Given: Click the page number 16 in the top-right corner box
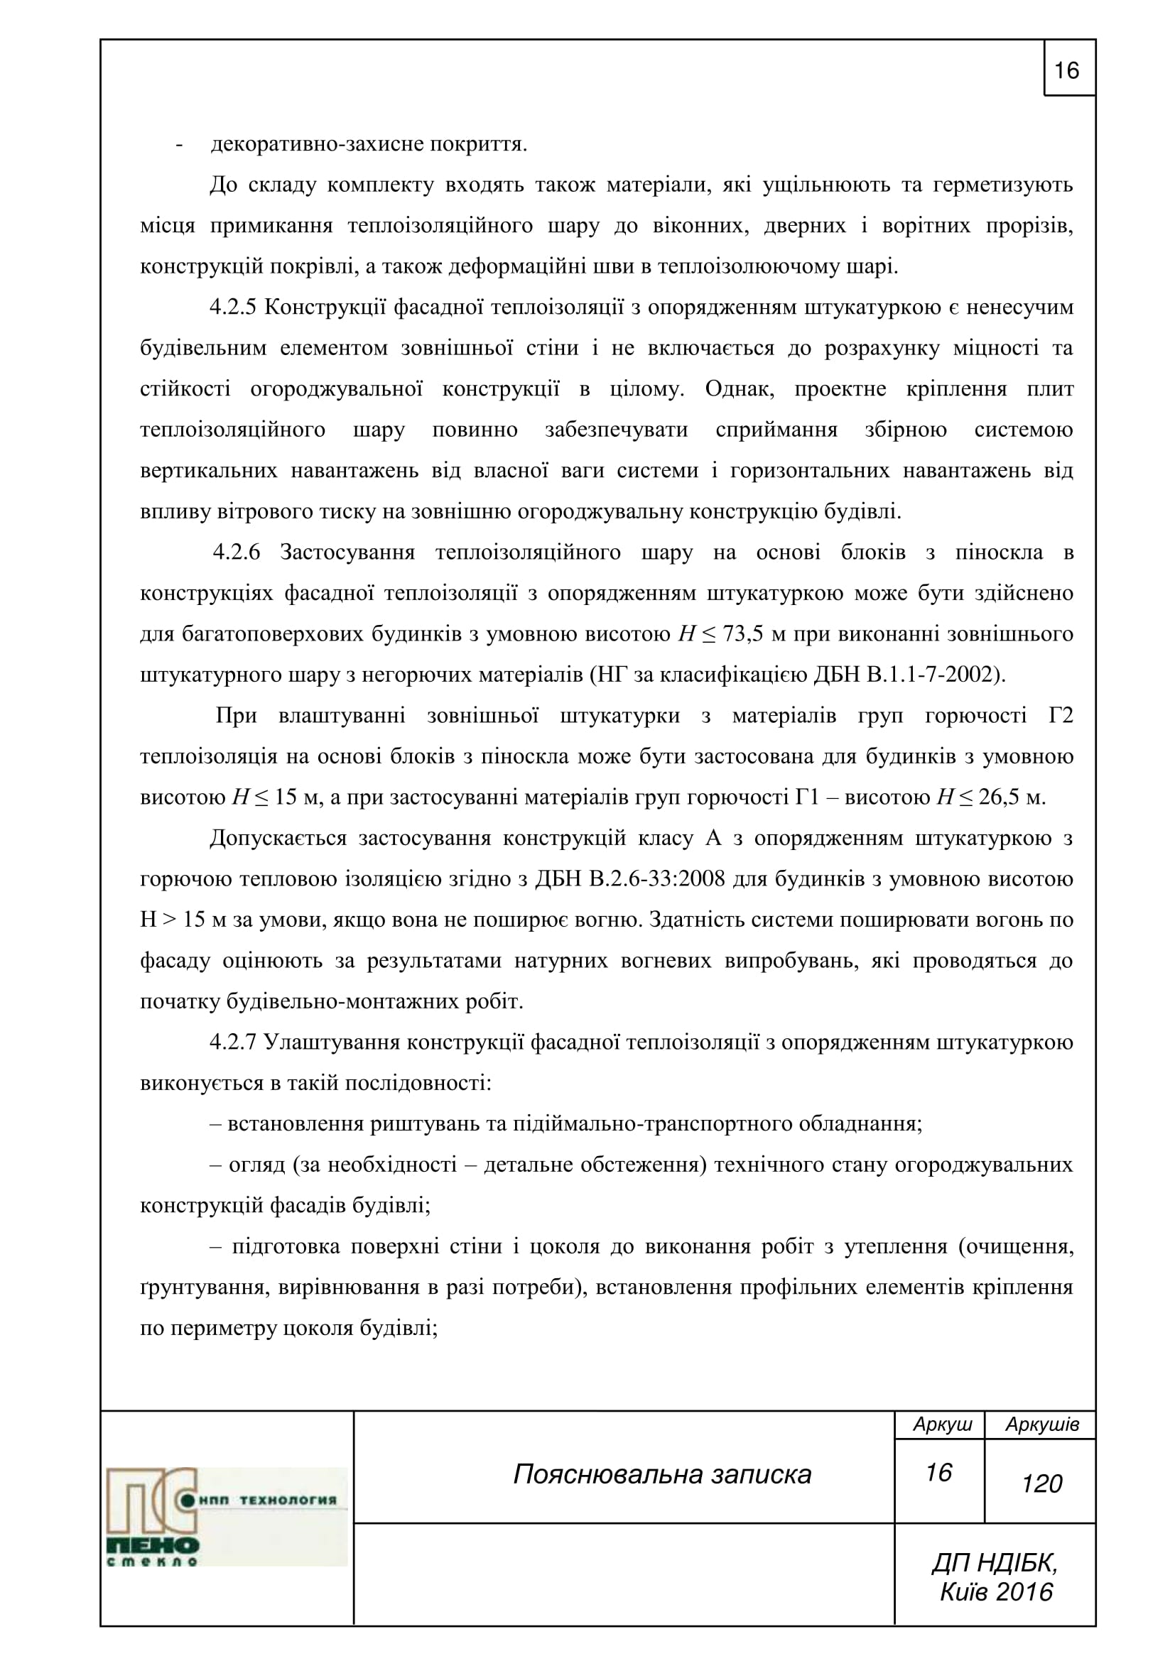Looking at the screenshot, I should coord(1067,71).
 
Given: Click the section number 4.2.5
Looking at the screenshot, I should coord(233,307).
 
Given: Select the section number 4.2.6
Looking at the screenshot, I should coord(236,552).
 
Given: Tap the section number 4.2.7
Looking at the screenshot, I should coord(233,1042).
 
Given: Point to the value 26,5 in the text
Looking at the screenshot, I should coord(1002,798).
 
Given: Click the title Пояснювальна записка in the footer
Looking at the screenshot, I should coord(662,1474).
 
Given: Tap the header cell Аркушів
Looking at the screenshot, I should coord(1041,1425).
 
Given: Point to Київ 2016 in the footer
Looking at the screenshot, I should coord(995,1591).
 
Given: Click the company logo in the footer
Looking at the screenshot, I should coord(226,1516).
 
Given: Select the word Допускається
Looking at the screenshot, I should coord(278,839).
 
